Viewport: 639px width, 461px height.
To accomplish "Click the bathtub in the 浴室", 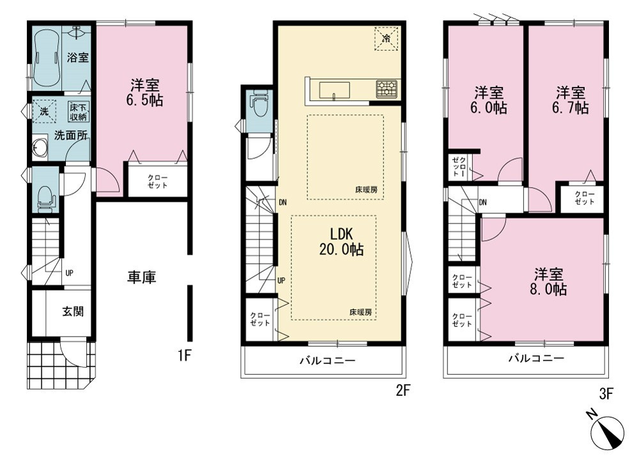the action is (x=47, y=58).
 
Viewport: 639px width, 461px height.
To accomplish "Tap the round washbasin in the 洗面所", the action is (x=40, y=147).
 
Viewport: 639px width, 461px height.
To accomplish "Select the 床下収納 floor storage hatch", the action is (x=78, y=110).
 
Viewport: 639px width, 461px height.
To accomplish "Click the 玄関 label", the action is (x=73, y=312).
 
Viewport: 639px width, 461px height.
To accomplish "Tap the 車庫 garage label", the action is (x=142, y=277).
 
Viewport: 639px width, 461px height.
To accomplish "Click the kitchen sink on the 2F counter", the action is (x=334, y=90).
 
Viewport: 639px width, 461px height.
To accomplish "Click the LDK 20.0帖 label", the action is (x=341, y=241).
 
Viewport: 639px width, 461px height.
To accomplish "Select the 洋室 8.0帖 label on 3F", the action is (x=550, y=282).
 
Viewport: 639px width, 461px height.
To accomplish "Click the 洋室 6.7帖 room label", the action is (x=572, y=100).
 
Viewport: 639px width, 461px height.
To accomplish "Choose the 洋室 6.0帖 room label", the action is (x=489, y=100).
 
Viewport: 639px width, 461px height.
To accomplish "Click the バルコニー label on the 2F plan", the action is (x=328, y=360).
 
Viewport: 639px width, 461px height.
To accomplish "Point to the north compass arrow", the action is (x=609, y=431).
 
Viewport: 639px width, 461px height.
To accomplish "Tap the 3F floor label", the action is (x=606, y=394).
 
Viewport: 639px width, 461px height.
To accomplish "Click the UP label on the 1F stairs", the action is (x=69, y=273).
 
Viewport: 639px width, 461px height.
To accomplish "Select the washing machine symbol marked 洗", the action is (x=43, y=110).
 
